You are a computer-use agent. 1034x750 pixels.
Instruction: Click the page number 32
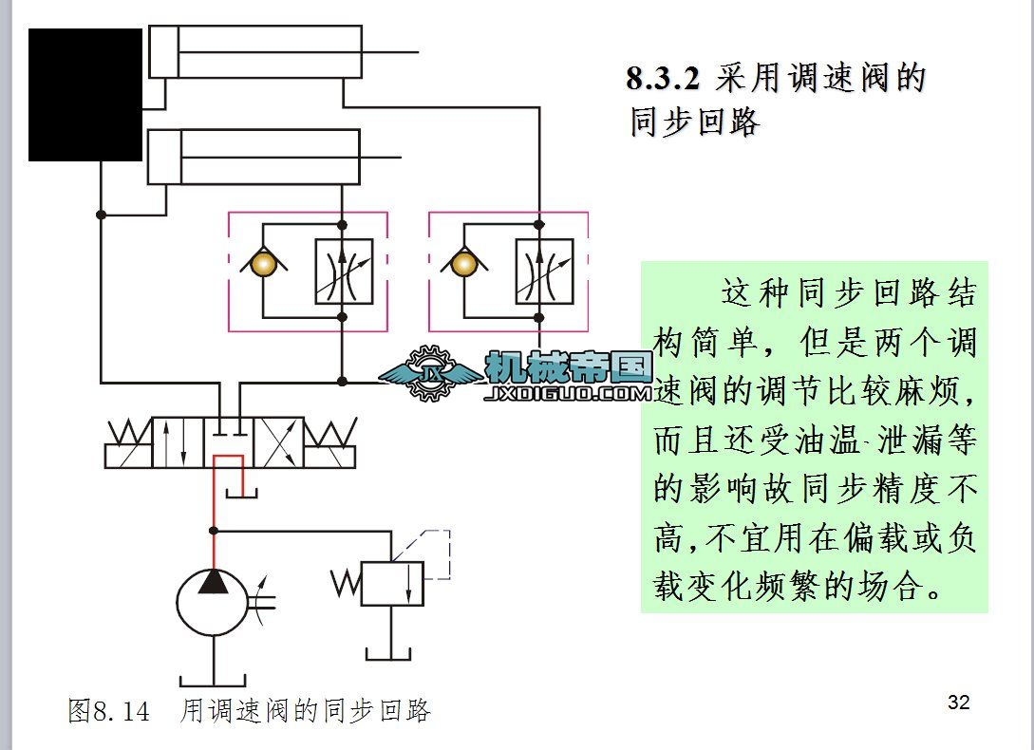point(959,703)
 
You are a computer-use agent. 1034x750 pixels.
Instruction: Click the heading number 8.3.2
point(663,78)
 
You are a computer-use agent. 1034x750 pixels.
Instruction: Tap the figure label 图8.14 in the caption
point(108,710)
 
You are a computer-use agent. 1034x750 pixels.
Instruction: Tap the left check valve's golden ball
point(263,263)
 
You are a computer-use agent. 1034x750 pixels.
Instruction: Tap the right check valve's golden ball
point(463,263)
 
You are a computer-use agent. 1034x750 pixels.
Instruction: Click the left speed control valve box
point(344,272)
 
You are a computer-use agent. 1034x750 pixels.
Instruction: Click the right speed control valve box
point(544,272)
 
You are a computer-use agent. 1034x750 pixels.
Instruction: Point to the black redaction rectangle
point(85,95)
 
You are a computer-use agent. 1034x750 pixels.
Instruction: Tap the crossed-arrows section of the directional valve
point(279,442)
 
